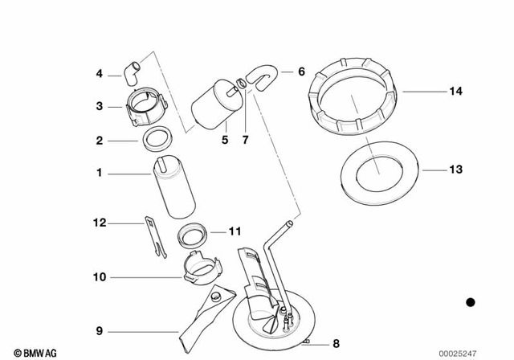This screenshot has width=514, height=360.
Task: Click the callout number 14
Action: click(x=455, y=92)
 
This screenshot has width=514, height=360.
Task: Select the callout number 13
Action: click(x=455, y=170)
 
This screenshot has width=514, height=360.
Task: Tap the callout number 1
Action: click(x=100, y=173)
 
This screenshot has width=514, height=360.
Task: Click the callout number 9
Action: click(x=100, y=330)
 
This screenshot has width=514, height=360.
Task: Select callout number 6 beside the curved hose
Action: click(x=301, y=72)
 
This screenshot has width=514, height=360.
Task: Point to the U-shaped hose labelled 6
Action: click(x=259, y=75)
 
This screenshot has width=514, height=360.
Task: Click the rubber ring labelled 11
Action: click(x=194, y=237)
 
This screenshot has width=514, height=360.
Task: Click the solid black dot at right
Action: click(x=471, y=303)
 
